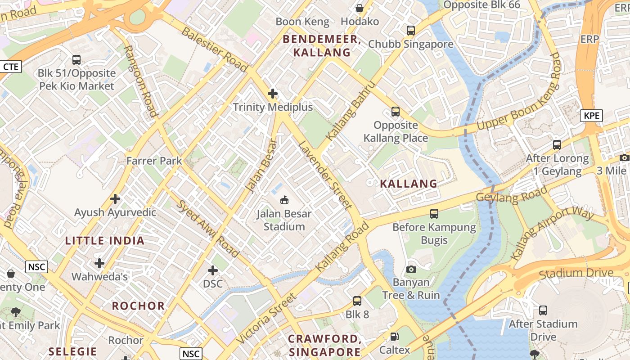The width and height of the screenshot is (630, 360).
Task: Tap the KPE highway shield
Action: tap(591, 116)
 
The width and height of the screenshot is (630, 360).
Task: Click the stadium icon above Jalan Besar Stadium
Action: tap(284, 200)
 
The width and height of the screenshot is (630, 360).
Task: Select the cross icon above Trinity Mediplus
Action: tap(272, 94)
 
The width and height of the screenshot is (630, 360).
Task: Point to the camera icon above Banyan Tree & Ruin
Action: tap(411, 269)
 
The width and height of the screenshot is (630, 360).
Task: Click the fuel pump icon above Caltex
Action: tap(394, 337)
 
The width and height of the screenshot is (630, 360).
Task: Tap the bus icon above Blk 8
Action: tap(357, 301)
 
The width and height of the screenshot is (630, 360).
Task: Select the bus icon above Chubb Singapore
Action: tap(410, 31)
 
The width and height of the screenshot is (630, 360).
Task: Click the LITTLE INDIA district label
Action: tap(105, 241)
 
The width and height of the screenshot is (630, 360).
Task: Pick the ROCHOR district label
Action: tap(139, 306)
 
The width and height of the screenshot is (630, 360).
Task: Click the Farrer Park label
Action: tap(154, 161)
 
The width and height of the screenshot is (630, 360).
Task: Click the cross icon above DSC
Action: tap(213, 270)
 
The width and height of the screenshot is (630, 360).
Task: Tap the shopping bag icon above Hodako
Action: tap(360, 8)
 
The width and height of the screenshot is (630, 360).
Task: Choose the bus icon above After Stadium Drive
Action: tap(543, 310)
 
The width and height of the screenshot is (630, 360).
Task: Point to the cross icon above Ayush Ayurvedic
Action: tap(115, 199)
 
